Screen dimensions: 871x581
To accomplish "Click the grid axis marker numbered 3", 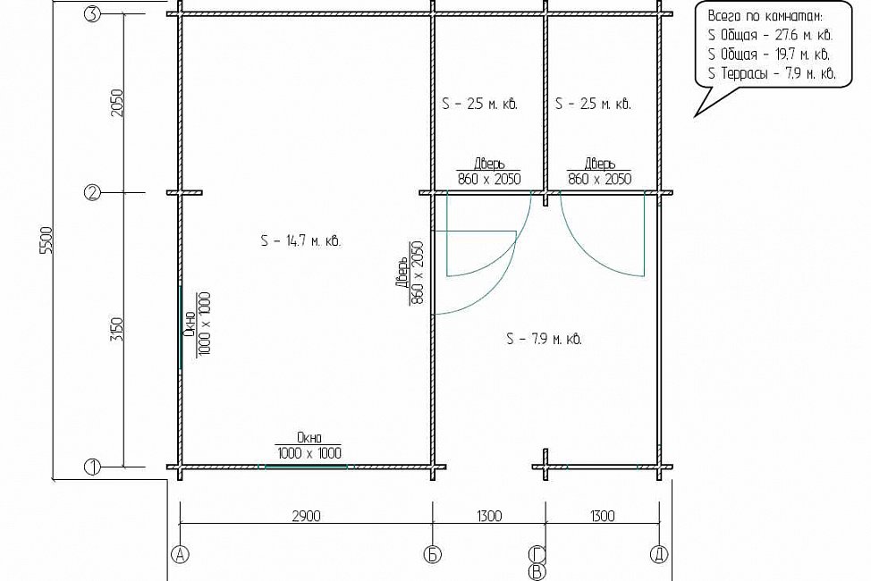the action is pyautogui.click(x=92, y=15).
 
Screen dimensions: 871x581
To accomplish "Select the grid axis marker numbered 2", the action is pyautogui.click(x=92, y=193).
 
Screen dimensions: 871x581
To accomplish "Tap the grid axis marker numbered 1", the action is pyautogui.click(x=92, y=467).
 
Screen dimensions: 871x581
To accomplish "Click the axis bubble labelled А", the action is pyautogui.click(x=180, y=554).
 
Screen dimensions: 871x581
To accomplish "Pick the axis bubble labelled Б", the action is pyautogui.click(x=433, y=554).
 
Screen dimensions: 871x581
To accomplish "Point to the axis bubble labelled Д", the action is pyautogui.click(x=659, y=554).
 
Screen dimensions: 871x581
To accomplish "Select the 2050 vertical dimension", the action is pyautogui.click(x=118, y=103).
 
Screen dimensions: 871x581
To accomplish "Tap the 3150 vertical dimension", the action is pyautogui.click(x=118, y=330).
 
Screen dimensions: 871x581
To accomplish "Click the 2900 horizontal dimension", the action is pyautogui.click(x=306, y=516).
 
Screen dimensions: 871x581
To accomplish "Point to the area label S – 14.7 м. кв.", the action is pyautogui.click(x=300, y=241).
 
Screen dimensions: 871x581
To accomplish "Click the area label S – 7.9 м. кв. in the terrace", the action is pyautogui.click(x=545, y=339).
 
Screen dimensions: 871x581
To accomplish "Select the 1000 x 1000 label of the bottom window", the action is pyautogui.click(x=309, y=452).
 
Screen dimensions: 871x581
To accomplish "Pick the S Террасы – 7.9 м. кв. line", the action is pyautogui.click(x=772, y=73).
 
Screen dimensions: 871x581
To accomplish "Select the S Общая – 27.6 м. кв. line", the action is pyautogui.click(x=771, y=35).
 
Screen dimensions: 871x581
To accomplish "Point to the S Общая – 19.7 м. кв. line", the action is pyautogui.click(x=769, y=55).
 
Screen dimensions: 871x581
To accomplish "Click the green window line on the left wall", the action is pyautogui.click(x=181, y=327).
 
